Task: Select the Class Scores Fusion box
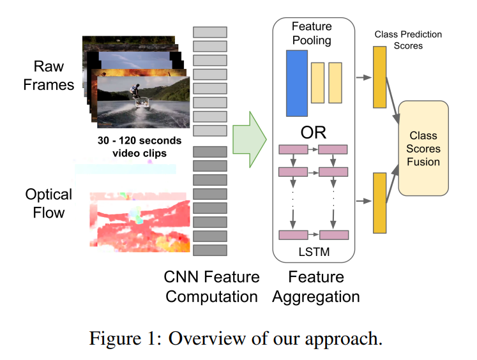tap(424, 148)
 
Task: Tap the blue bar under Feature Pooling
tap(297, 83)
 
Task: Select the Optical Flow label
tap(49, 203)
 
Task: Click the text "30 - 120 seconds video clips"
tap(139, 146)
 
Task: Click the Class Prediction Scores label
tap(408, 40)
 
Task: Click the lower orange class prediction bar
tap(379, 202)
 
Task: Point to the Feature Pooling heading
tap(312, 33)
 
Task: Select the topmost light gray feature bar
tap(210, 32)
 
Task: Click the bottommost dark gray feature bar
tap(210, 251)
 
